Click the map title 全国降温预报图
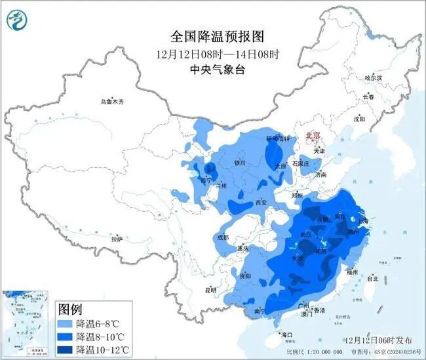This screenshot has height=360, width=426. point(211,35)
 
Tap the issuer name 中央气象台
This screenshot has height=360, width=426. point(211,69)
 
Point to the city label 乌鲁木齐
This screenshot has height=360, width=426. point(111,102)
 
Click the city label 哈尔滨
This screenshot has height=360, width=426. point(373,78)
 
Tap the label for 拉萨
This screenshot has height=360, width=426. point(117,239)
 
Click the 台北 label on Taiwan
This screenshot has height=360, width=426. point(372,279)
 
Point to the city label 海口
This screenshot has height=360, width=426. point(286,335)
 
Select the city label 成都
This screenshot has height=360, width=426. point(222,237)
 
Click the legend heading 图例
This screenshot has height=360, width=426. point(71,309)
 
